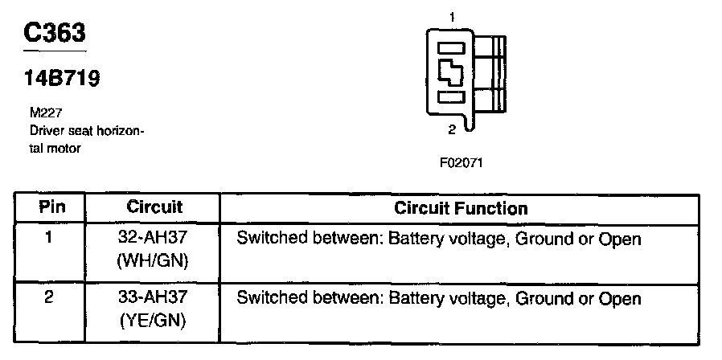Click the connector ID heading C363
(x=55, y=32)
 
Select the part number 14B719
(x=62, y=79)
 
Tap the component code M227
(x=46, y=112)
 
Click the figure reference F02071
(x=462, y=163)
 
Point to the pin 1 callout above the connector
(x=452, y=18)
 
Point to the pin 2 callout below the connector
(x=452, y=129)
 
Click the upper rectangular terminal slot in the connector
(x=451, y=48)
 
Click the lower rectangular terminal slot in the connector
(x=451, y=96)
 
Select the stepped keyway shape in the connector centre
(x=450, y=72)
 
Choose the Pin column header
(x=51, y=207)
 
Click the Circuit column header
(x=154, y=207)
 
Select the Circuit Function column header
(x=461, y=208)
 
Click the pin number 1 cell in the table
(x=49, y=239)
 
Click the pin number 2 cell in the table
(x=49, y=297)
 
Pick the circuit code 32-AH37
(x=154, y=239)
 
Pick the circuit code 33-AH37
(x=154, y=297)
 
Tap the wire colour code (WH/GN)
(x=154, y=261)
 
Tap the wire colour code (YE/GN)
(x=154, y=320)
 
